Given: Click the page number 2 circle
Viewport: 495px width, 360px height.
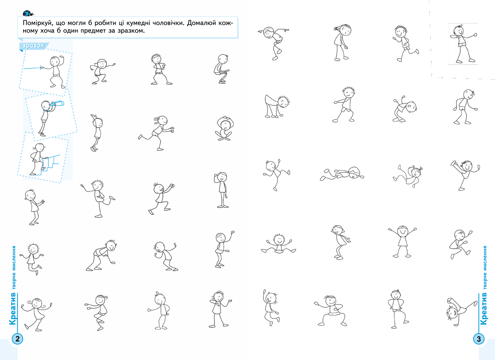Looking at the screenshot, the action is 17,339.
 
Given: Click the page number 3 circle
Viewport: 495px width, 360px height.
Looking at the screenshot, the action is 478,339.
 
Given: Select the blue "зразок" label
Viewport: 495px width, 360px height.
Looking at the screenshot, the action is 33,46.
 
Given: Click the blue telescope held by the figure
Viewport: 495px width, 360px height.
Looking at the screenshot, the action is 57,104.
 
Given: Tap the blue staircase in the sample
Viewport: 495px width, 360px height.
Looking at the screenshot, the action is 48,165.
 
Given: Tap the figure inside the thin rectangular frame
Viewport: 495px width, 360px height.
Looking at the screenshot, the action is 463,44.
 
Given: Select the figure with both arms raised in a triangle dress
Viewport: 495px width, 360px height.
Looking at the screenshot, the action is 402,241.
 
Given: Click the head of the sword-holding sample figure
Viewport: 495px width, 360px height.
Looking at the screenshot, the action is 54,61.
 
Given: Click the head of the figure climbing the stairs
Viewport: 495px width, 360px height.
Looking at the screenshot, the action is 40,147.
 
